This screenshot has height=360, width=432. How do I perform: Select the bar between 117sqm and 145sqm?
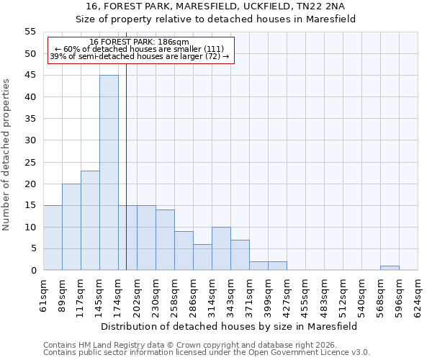pyautogui.click(x=90, y=220)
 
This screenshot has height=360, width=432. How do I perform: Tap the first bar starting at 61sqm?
pyautogui.click(x=53, y=238)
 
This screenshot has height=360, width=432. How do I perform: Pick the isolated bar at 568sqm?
pyautogui.click(x=390, y=268)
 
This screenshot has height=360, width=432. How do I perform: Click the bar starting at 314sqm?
pyautogui.click(x=221, y=248)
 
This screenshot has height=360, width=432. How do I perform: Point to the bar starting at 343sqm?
pyautogui.click(x=240, y=255)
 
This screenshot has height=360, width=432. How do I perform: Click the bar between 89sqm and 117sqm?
pyautogui.click(x=71, y=227)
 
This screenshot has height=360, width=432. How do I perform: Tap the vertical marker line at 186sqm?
pyautogui.click(x=126, y=166)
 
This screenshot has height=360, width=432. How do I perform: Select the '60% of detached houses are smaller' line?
pyautogui.click(x=140, y=49)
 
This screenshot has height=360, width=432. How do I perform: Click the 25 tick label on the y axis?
pyautogui.click(x=30, y=162)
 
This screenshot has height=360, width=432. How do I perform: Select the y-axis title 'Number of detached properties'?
pyautogui.click(x=7, y=156)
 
